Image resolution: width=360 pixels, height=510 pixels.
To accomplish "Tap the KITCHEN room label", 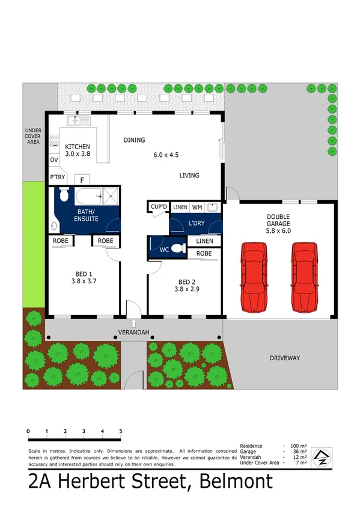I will click(78, 147).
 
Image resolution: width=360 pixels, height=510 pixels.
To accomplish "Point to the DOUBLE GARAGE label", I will click(279, 221).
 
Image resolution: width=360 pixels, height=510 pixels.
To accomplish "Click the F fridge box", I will click(82, 179).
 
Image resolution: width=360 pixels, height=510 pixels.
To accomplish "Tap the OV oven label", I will click(53, 160).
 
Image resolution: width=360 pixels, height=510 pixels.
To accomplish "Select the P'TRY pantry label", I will click(58, 177).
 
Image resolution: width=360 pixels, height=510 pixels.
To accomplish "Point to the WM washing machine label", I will click(197, 207).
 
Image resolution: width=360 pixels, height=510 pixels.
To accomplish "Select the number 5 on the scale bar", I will click(121, 431).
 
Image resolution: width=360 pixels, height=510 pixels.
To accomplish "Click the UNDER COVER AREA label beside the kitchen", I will click(32, 135).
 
